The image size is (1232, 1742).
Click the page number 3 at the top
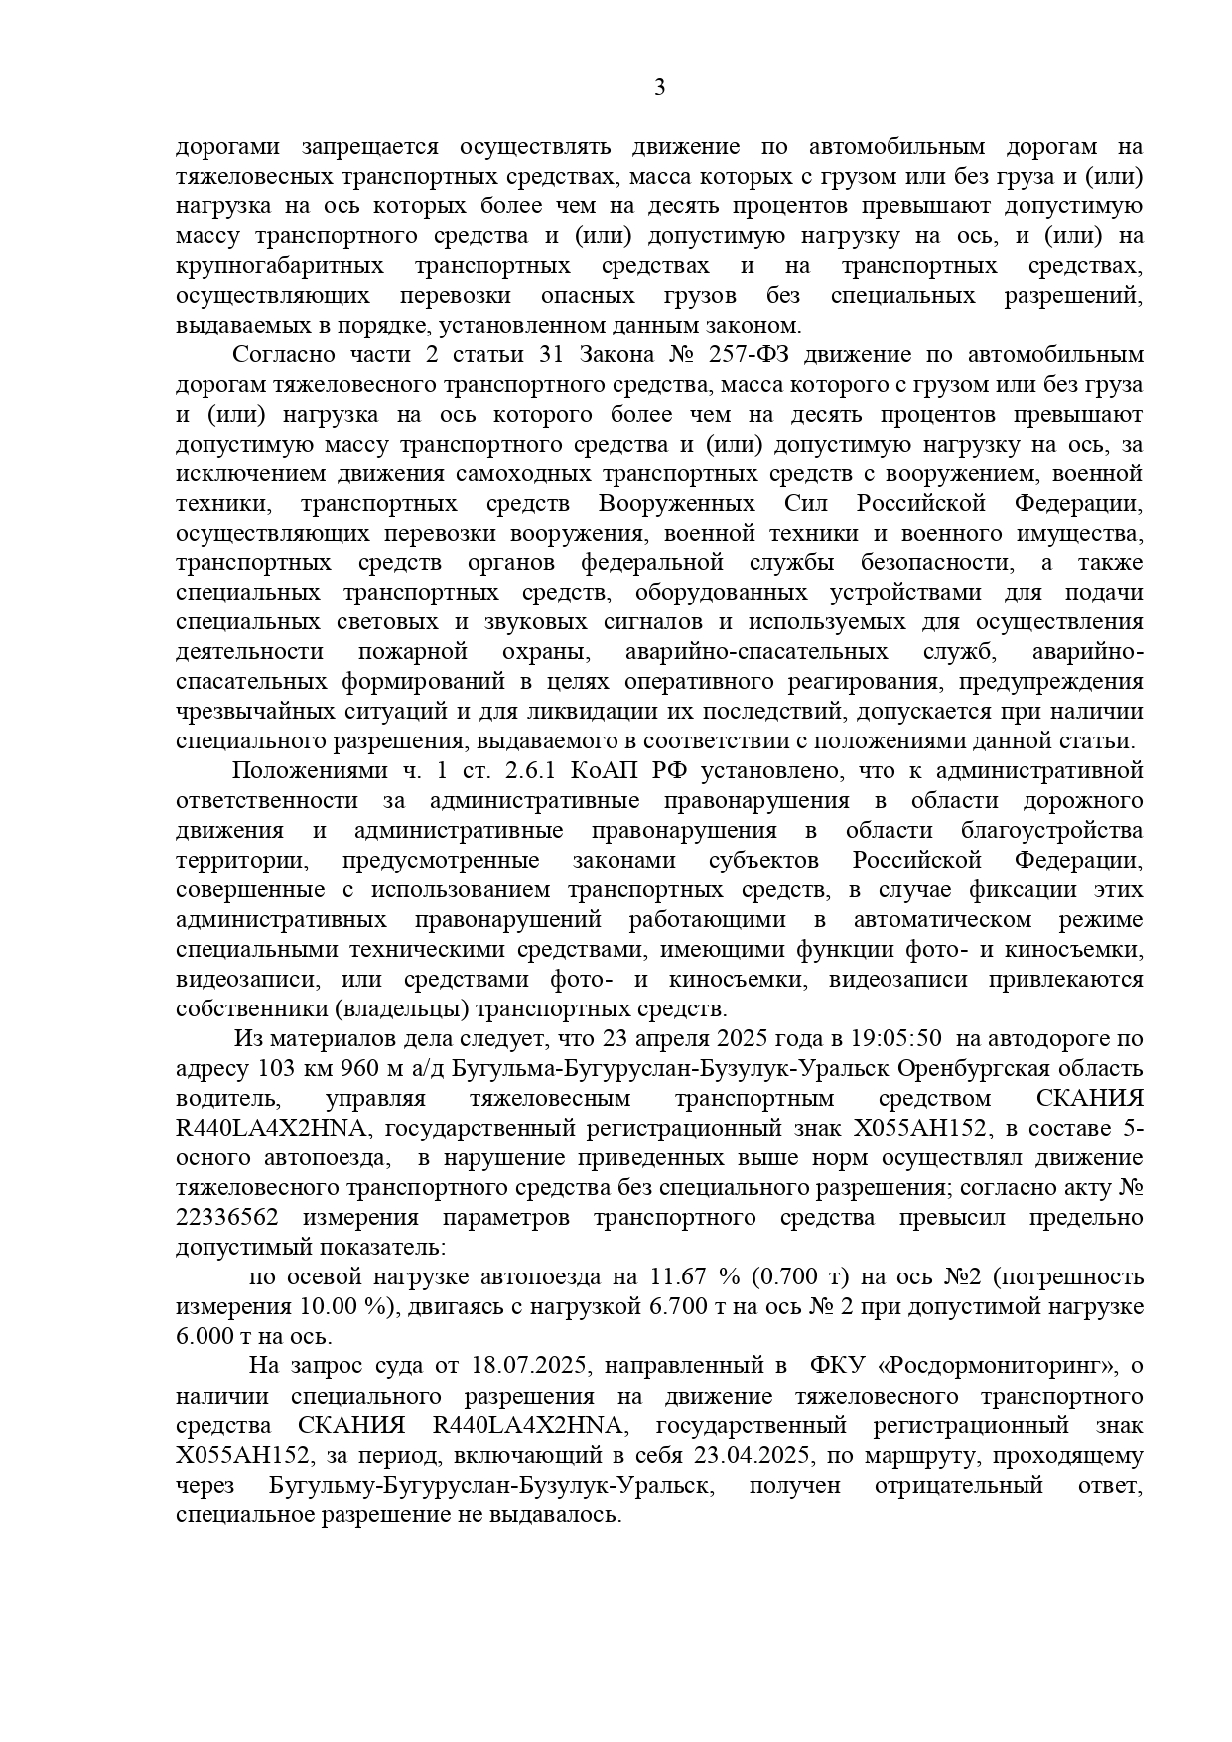pyautogui.click(x=660, y=87)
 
